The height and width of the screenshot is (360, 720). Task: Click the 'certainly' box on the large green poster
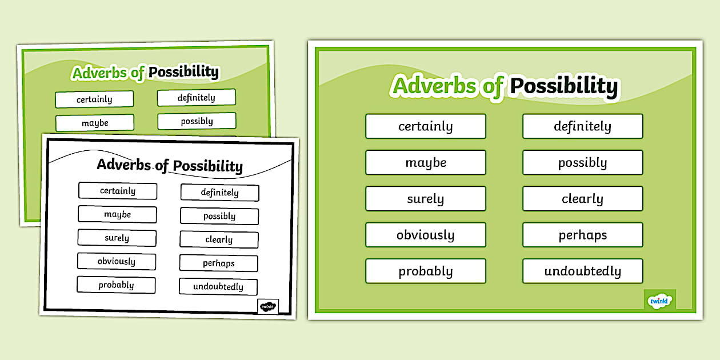[x=426, y=126]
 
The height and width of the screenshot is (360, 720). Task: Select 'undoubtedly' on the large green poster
[x=582, y=271]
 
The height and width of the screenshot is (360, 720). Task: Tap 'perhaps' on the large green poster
[x=582, y=235]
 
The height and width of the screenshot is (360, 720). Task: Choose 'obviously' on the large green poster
[x=426, y=235]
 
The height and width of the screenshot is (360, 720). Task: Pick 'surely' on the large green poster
[x=426, y=199]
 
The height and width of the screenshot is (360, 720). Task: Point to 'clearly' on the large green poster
[x=582, y=199]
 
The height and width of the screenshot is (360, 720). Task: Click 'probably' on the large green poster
[x=426, y=271]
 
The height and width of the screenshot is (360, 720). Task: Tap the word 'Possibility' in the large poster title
[x=564, y=86]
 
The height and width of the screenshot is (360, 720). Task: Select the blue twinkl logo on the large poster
[x=660, y=300]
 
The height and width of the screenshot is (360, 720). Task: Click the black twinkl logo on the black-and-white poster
[x=268, y=306]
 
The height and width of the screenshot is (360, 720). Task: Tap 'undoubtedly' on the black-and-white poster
[x=218, y=287]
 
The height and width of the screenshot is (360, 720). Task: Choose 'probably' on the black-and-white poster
[x=116, y=285]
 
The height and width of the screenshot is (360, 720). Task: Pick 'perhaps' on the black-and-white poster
[x=219, y=263]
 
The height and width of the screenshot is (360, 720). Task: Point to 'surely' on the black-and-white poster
[x=117, y=238]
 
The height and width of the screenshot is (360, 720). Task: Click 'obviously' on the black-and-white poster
[x=117, y=261]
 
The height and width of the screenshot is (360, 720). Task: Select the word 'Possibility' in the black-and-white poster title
[x=207, y=166]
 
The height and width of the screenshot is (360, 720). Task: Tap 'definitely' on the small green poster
[x=197, y=98]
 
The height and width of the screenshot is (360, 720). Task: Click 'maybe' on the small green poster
[x=95, y=123]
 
